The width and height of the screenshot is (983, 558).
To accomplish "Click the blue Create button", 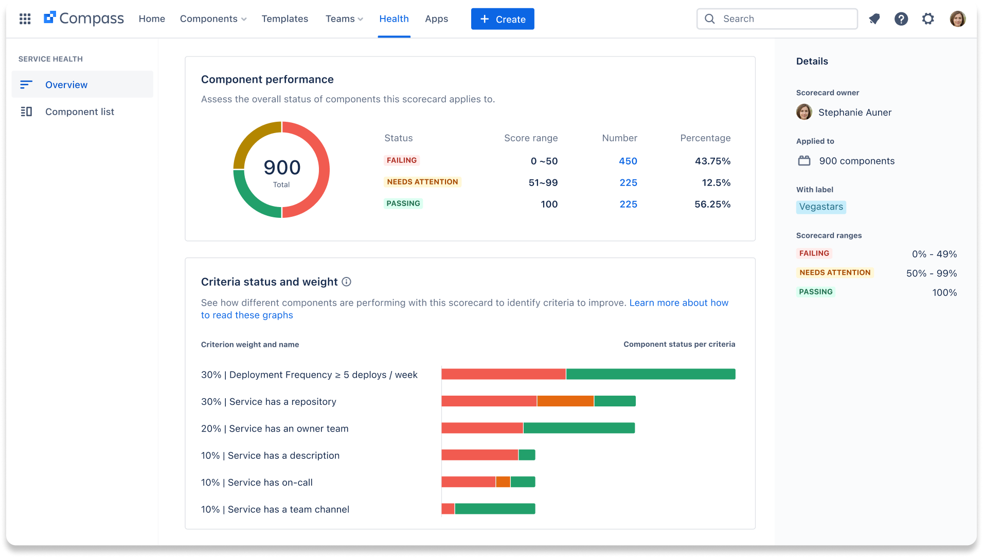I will (502, 19).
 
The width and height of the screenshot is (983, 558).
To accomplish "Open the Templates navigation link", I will (284, 19).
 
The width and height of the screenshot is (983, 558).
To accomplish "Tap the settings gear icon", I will (927, 19).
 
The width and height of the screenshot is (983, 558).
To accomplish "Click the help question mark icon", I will (901, 19).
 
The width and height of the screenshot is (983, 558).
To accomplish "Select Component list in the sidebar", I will (79, 111).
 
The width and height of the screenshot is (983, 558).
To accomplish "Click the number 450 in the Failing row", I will (628, 161).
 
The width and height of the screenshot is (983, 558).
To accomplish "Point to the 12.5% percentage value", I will (716, 182).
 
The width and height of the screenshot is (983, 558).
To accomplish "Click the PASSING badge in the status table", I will (403, 203).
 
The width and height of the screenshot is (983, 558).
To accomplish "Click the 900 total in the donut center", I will (282, 168).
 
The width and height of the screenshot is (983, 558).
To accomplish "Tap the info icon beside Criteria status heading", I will (347, 282).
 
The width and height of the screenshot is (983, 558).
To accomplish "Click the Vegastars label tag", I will (821, 207).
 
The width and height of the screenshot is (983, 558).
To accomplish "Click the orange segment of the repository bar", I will (565, 401).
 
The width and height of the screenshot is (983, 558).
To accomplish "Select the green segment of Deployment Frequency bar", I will (650, 374).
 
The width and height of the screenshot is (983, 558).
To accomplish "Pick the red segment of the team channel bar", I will (448, 509).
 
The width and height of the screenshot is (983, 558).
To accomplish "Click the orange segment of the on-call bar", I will (503, 482).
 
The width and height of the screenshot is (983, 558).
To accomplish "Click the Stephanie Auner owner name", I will (854, 112).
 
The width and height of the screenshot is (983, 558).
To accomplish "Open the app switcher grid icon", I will (25, 19).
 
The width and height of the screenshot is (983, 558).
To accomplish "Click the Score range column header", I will (530, 138).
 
